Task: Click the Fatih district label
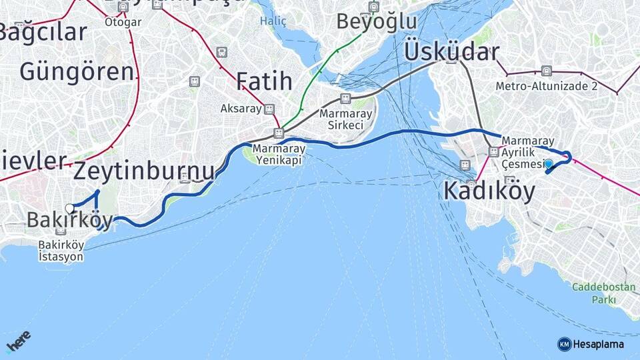pos(264,81)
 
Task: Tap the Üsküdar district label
pos(451,53)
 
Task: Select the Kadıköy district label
pos(489,191)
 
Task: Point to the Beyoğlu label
pos(376,21)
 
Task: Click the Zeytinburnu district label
pos(144,171)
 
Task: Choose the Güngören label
pos(77,71)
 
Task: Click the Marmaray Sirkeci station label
pos(341,119)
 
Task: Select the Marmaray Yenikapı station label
pos(279,155)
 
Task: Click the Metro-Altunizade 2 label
pos(546,86)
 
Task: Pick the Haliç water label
pos(273,21)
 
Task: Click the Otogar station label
pos(123,22)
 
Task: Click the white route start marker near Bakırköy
pos(69,208)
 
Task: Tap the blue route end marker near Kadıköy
pos(549,164)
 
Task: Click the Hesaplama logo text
pos(598,344)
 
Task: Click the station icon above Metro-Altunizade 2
pos(546,71)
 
